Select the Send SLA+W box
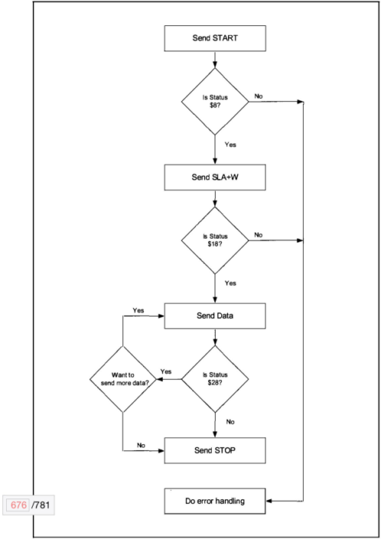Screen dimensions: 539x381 coord(215,177)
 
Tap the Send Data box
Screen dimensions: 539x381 coord(215,314)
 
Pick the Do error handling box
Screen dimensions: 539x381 coord(215,502)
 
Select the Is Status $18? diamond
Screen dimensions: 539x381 coord(215,241)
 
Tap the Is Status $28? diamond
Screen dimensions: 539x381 coord(215,379)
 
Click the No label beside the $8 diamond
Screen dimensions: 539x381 coord(259,96)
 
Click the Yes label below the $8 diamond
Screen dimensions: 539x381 coord(230,144)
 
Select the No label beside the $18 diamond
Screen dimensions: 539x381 coord(259,235)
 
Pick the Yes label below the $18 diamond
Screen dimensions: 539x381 coord(230,283)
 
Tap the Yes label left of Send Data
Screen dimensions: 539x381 coord(138,310)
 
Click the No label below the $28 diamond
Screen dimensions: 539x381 coord(230,420)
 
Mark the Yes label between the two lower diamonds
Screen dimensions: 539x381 coord(166,372)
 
